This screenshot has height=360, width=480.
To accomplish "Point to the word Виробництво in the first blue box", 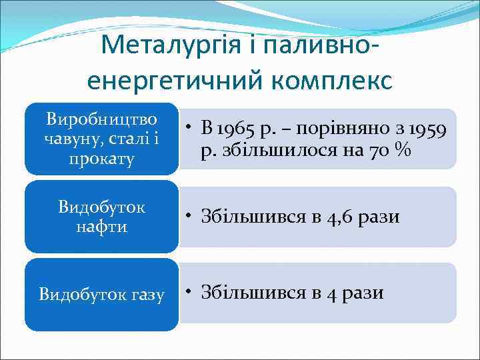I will point(101,119).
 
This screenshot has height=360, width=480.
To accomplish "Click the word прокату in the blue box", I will point(101,159).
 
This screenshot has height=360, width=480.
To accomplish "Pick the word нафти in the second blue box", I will point(101,227).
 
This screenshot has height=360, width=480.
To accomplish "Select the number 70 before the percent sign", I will point(380,151).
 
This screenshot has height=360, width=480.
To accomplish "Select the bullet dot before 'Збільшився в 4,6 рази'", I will point(190,217).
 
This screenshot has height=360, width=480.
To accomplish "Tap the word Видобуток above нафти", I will point(101,207).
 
